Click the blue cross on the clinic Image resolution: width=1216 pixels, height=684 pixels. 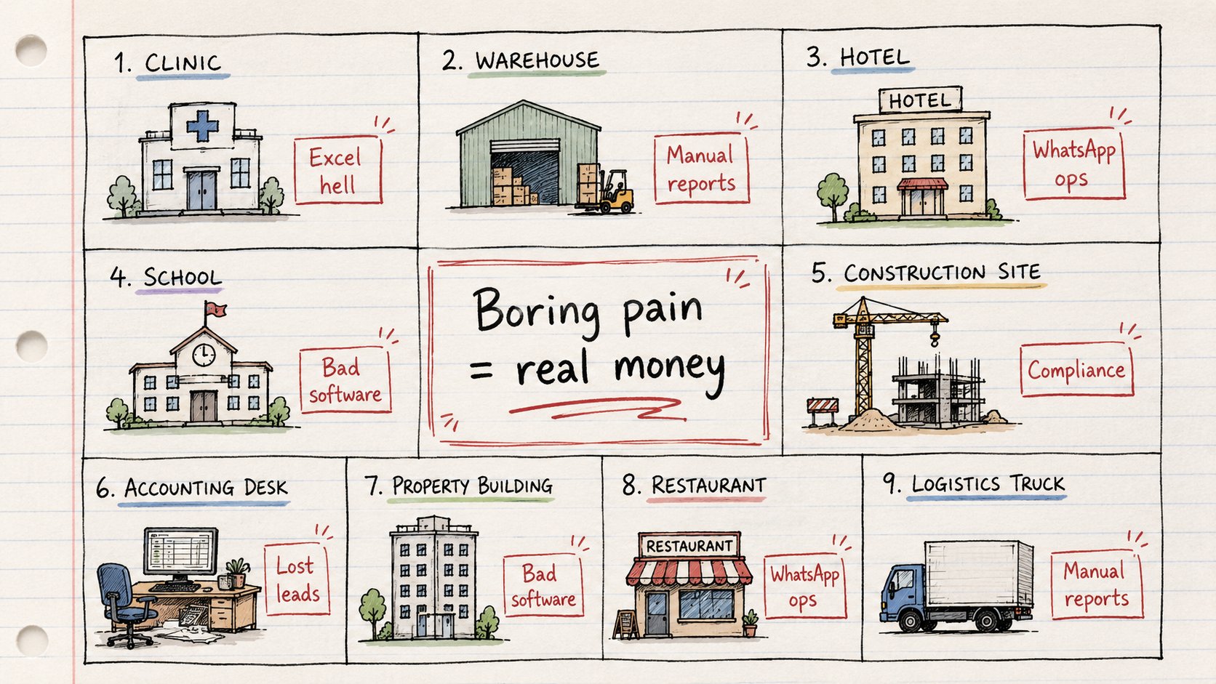(x=202, y=126)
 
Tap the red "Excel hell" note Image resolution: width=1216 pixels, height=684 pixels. (x=338, y=170)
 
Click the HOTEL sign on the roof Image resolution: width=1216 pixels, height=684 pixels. (x=920, y=100)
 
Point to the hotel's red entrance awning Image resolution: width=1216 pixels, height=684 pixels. (x=922, y=185)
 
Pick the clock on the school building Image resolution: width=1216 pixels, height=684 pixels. (x=204, y=355)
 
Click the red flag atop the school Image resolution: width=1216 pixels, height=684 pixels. (x=215, y=310)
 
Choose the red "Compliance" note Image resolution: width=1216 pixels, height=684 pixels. (x=1076, y=371)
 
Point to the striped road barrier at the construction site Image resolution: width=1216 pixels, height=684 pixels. (x=823, y=411)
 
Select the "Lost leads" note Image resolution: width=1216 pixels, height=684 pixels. (x=297, y=579)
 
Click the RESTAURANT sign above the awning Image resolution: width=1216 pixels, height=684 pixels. (x=689, y=546)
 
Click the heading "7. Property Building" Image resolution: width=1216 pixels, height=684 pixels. (x=459, y=486)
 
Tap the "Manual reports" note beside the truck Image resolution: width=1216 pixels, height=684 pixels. (x=1097, y=584)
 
